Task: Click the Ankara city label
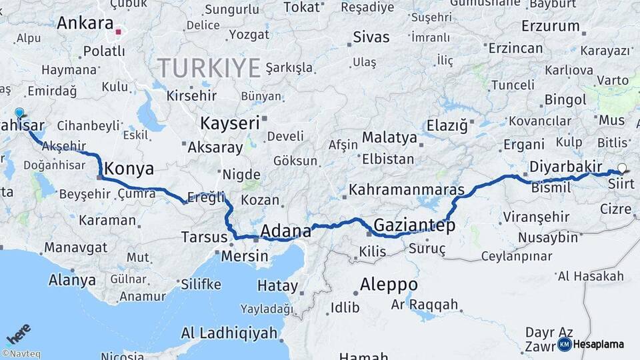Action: [85, 23]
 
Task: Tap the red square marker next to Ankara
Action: [119, 31]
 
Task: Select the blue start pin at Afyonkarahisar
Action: [19, 114]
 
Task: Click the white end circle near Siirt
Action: [622, 168]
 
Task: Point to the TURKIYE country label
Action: [209, 67]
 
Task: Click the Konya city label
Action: [129, 168]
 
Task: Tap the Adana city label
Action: [285, 231]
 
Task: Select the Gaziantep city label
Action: [414, 225]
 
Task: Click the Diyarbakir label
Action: [566, 167]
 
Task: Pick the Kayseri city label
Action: [230, 123]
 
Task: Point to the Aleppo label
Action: [389, 285]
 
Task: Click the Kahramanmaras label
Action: [407, 189]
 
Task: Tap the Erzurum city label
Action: [551, 27]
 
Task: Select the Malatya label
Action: [389, 138]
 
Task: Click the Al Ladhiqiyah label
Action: [229, 333]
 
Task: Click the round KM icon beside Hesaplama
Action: [564, 344]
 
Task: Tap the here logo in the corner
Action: [17, 334]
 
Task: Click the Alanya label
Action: [72, 280]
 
